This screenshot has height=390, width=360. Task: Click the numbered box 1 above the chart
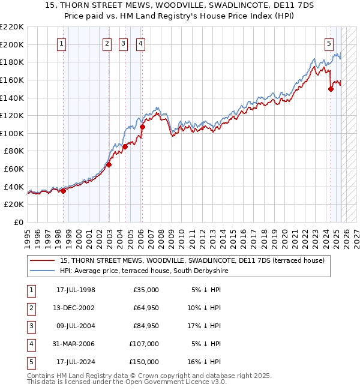tap(62, 43)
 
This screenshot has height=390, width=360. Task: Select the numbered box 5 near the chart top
tap(329, 43)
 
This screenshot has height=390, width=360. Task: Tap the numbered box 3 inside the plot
tap(123, 43)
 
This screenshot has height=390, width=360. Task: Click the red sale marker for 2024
tap(331, 89)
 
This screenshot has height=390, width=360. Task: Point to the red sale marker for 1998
tap(63, 191)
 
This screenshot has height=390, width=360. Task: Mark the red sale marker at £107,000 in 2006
tap(142, 127)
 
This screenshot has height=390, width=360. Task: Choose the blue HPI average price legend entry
tap(143, 271)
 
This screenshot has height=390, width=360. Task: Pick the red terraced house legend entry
tap(191, 260)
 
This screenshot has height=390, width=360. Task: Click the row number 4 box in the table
tap(31, 344)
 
